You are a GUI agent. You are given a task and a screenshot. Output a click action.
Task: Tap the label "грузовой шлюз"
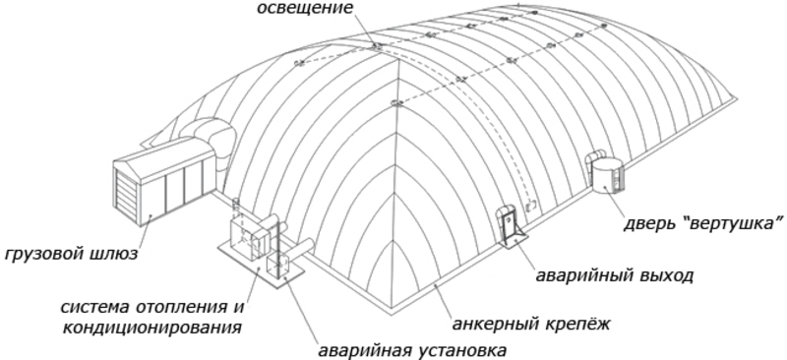[68, 255]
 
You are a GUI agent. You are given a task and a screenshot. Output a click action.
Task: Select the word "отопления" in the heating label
[185, 305]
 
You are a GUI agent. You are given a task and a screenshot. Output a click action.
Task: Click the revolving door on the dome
[603, 173]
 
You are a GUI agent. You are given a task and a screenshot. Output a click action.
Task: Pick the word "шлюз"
[111, 255]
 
